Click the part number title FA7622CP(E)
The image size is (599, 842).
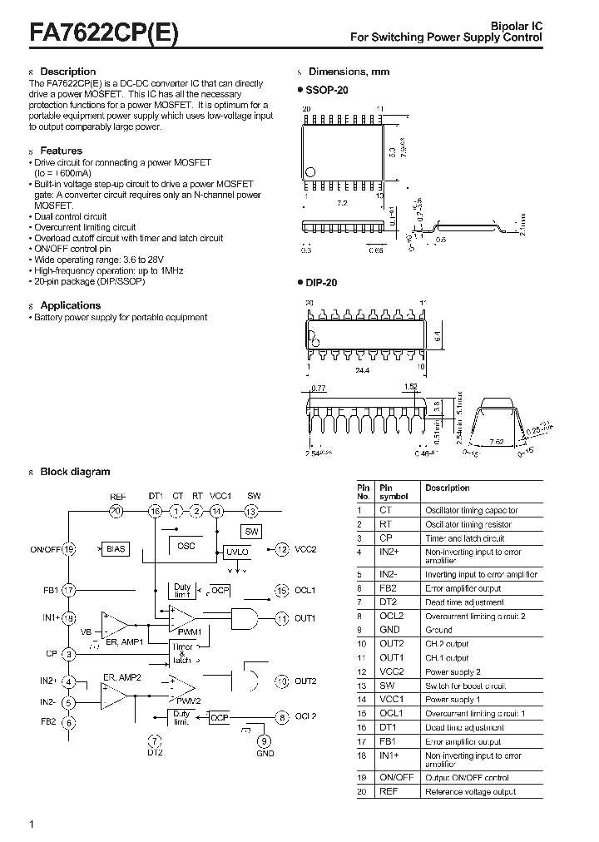click(x=103, y=32)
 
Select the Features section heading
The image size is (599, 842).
click(x=61, y=151)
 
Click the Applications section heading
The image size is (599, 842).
click(x=70, y=305)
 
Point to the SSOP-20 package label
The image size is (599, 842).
click(x=328, y=89)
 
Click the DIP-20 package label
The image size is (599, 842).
click(x=323, y=283)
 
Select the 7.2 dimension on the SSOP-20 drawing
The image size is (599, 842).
click(x=341, y=202)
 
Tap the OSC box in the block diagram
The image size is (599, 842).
click(x=186, y=546)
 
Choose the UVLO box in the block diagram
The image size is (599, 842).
click(x=236, y=552)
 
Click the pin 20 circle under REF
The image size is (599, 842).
click(x=116, y=511)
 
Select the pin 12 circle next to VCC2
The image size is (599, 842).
click(x=282, y=549)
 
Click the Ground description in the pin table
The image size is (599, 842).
click(x=439, y=630)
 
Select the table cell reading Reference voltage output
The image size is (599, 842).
click(x=471, y=791)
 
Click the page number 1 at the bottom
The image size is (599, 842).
click(x=32, y=824)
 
